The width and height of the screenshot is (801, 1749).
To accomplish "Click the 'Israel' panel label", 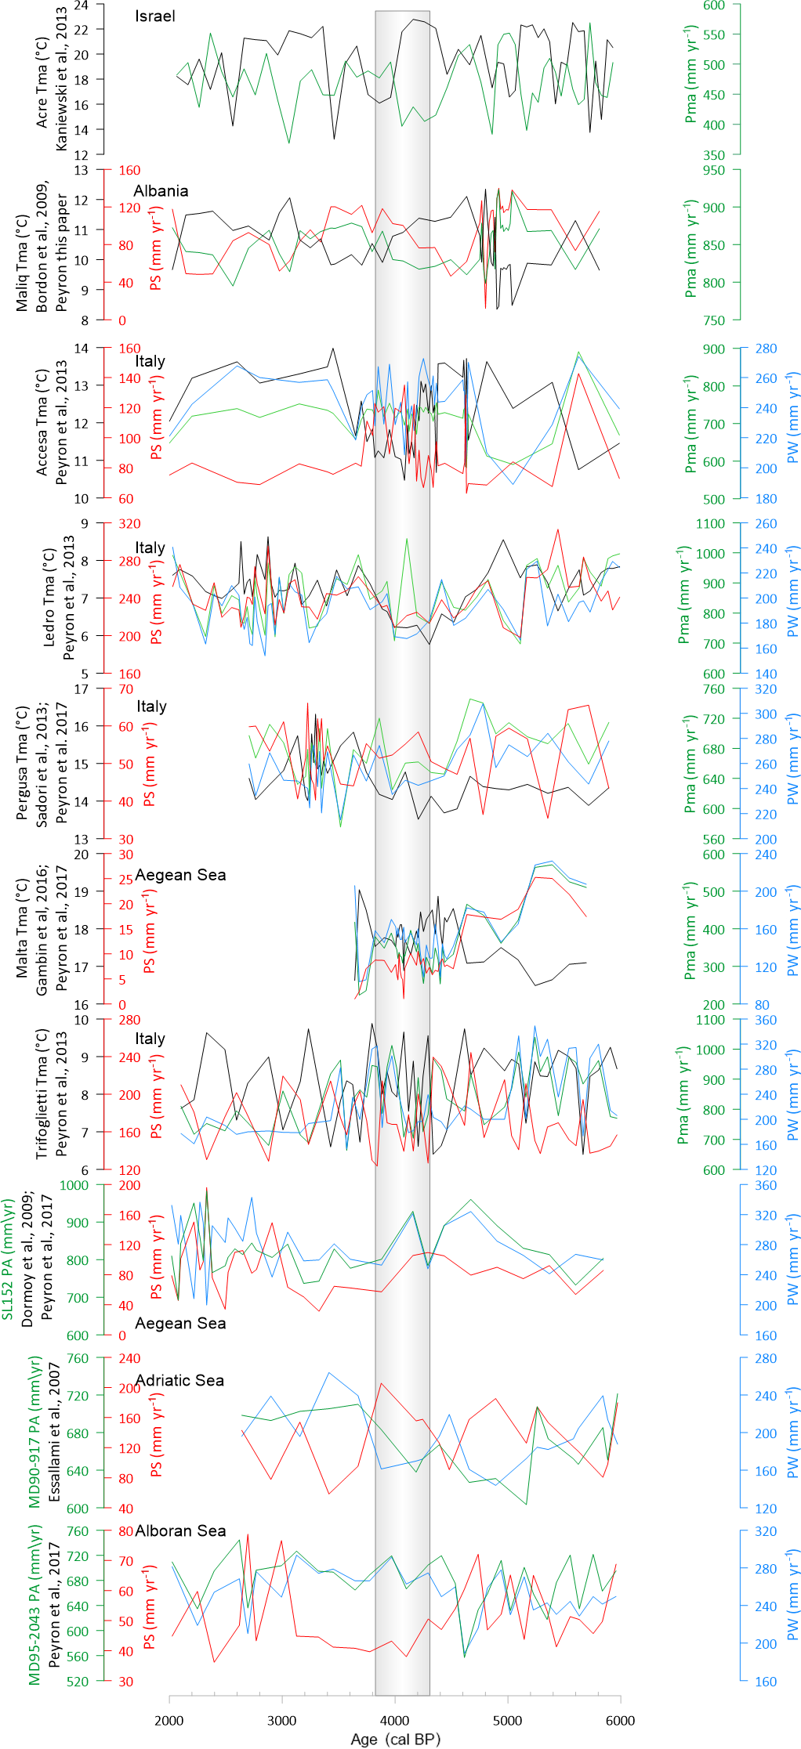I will [154, 16].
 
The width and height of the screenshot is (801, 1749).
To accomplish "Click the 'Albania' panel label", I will [161, 191].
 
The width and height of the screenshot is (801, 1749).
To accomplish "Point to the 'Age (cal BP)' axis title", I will [395, 1739].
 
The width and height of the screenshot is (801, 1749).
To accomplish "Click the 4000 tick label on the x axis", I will [395, 1720].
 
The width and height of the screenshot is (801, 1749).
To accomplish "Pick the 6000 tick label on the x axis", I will [620, 1720].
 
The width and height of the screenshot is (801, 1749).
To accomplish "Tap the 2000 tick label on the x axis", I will [169, 1720].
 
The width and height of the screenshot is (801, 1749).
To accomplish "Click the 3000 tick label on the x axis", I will [282, 1720].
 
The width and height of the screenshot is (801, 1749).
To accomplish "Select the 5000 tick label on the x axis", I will [507, 1720].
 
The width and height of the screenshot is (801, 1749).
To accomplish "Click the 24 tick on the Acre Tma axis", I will [82, 5].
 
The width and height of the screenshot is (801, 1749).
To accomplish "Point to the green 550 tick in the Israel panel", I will [714, 35].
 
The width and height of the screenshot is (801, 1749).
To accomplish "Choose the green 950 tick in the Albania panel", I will [714, 170].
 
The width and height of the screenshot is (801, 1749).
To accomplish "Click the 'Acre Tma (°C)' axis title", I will [42, 82].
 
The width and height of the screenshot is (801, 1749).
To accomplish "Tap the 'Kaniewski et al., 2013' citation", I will [62, 79].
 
